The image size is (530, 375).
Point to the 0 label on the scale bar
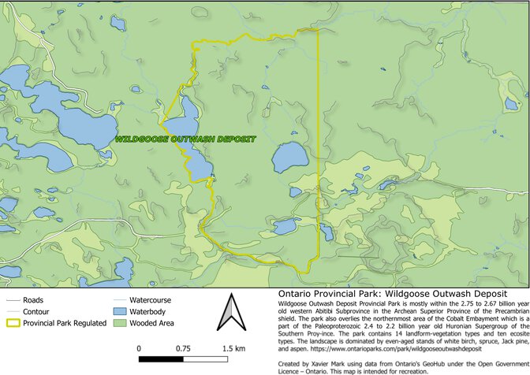click(140, 347)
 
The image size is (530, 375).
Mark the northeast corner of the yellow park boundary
click(318, 31)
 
